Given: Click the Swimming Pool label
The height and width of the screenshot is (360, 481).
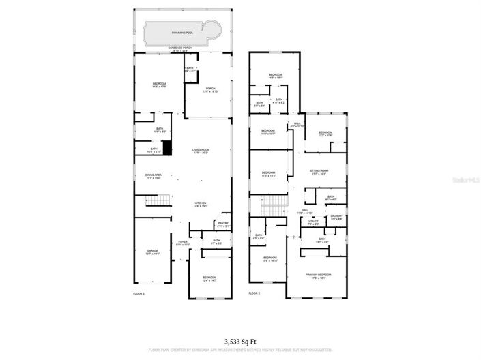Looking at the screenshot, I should pyautogui.click(x=183, y=32).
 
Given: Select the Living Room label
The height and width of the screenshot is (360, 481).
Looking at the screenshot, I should pyautogui.click(x=201, y=151).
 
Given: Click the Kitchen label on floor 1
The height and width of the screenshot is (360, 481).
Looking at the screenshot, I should pyautogui.click(x=201, y=204).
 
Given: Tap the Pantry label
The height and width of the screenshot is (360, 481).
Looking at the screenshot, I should pyautogui.click(x=222, y=224).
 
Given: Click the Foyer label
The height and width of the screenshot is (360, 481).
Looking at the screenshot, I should pyautogui.click(x=183, y=243).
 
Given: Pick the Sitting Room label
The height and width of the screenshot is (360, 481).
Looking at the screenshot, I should pyautogui.click(x=319, y=172).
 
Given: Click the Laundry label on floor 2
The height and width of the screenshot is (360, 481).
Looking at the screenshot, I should pyautogui.click(x=336, y=217).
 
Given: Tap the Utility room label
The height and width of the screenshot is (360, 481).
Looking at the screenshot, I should pyautogui.click(x=314, y=222).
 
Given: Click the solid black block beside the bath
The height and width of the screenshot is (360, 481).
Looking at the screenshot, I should pyautogui.click(x=167, y=150).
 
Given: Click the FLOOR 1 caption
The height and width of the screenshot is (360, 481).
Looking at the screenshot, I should pyautogui.click(x=139, y=293).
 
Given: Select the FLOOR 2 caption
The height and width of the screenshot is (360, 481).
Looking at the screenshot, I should pyautogui.click(x=254, y=293).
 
